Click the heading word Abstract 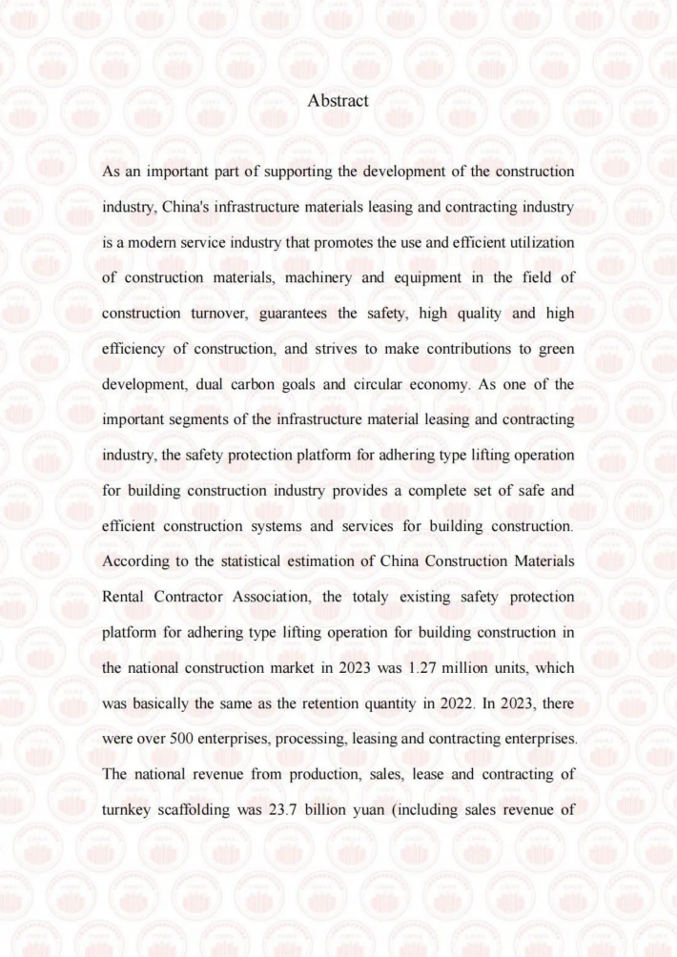(x=338, y=100)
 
